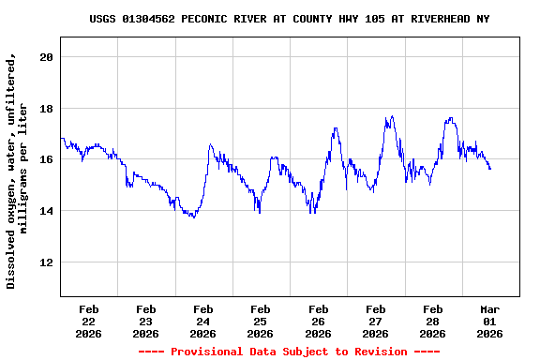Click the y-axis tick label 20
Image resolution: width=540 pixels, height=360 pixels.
[46, 57]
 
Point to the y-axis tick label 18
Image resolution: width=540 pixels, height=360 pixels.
[46, 109]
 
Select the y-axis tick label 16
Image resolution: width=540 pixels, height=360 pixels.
[46, 159]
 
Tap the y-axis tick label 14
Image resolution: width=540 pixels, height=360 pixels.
[46, 211]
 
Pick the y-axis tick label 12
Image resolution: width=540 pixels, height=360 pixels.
[46, 262]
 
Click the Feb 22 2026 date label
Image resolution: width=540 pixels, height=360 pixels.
[89, 321]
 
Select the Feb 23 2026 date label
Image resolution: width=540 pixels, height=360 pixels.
[146, 321]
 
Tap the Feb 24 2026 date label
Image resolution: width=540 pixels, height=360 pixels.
[203, 321]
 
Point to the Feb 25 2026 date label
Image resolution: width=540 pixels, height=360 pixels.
[261, 321]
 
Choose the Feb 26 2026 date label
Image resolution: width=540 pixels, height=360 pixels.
[318, 321]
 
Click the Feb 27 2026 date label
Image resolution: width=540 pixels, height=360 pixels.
[375, 321]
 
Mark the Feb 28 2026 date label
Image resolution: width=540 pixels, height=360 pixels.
[432, 321]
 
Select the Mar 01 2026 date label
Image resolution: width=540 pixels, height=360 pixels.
[489, 321]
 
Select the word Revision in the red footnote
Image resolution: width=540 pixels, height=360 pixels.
[381, 352]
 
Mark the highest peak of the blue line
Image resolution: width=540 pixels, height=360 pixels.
[391, 116]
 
